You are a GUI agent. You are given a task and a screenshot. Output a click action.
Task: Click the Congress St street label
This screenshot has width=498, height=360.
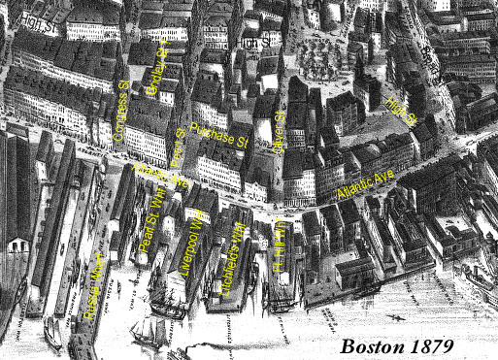121,112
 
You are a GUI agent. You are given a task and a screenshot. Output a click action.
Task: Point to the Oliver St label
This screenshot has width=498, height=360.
282,130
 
